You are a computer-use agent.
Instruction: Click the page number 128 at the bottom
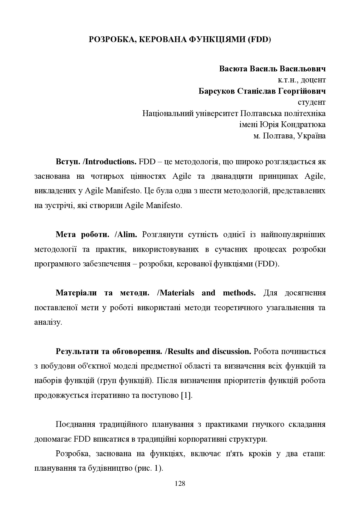pyautogui.click(x=180, y=483)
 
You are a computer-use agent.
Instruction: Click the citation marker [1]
pyautogui.click(x=186, y=396)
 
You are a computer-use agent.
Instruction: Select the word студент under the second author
pyautogui.click(x=312, y=102)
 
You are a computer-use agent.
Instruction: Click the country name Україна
pyautogui.click(x=312, y=136)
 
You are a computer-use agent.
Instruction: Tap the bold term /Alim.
pyautogui.click(x=126, y=234)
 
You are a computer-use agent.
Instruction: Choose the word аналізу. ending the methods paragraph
pyautogui.click(x=48, y=322)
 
